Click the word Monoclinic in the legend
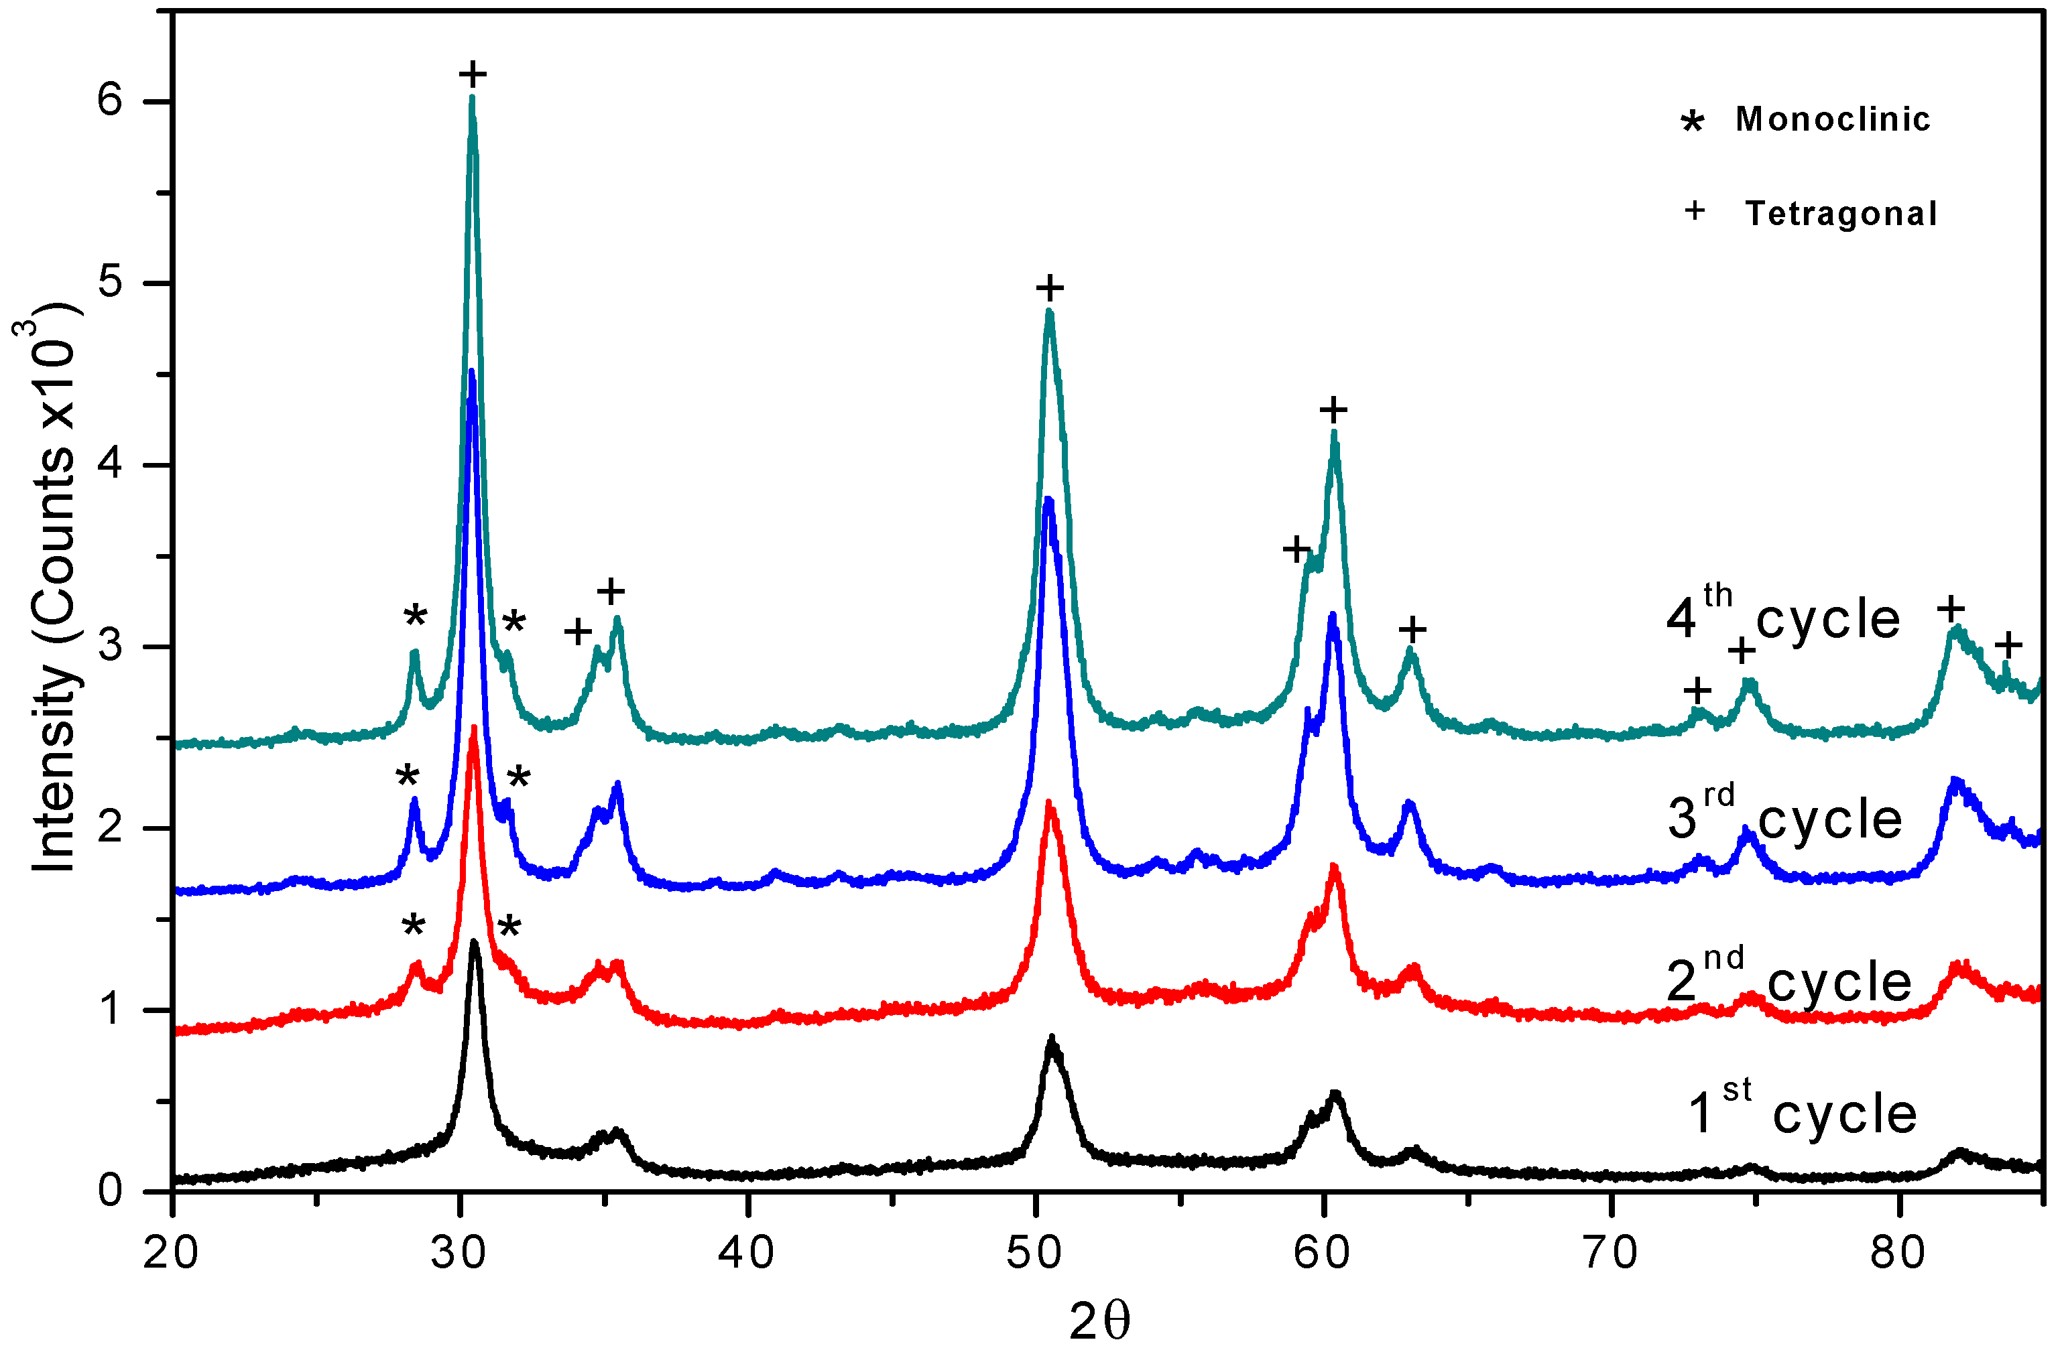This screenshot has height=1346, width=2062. (1833, 119)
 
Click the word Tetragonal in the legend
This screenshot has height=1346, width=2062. (1840, 214)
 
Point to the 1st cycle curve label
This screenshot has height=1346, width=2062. (1802, 1112)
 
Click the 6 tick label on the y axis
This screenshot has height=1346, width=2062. (111, 101)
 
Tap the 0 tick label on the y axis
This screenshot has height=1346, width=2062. (111, 1191)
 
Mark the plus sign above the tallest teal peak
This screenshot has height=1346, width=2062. (473, 74)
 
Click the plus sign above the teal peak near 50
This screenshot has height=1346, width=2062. (1049, 287)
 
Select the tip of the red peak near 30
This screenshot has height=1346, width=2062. (473, 728)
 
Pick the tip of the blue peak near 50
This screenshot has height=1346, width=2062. (1048, 500)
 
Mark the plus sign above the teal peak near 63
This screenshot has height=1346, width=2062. (1412, 629)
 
